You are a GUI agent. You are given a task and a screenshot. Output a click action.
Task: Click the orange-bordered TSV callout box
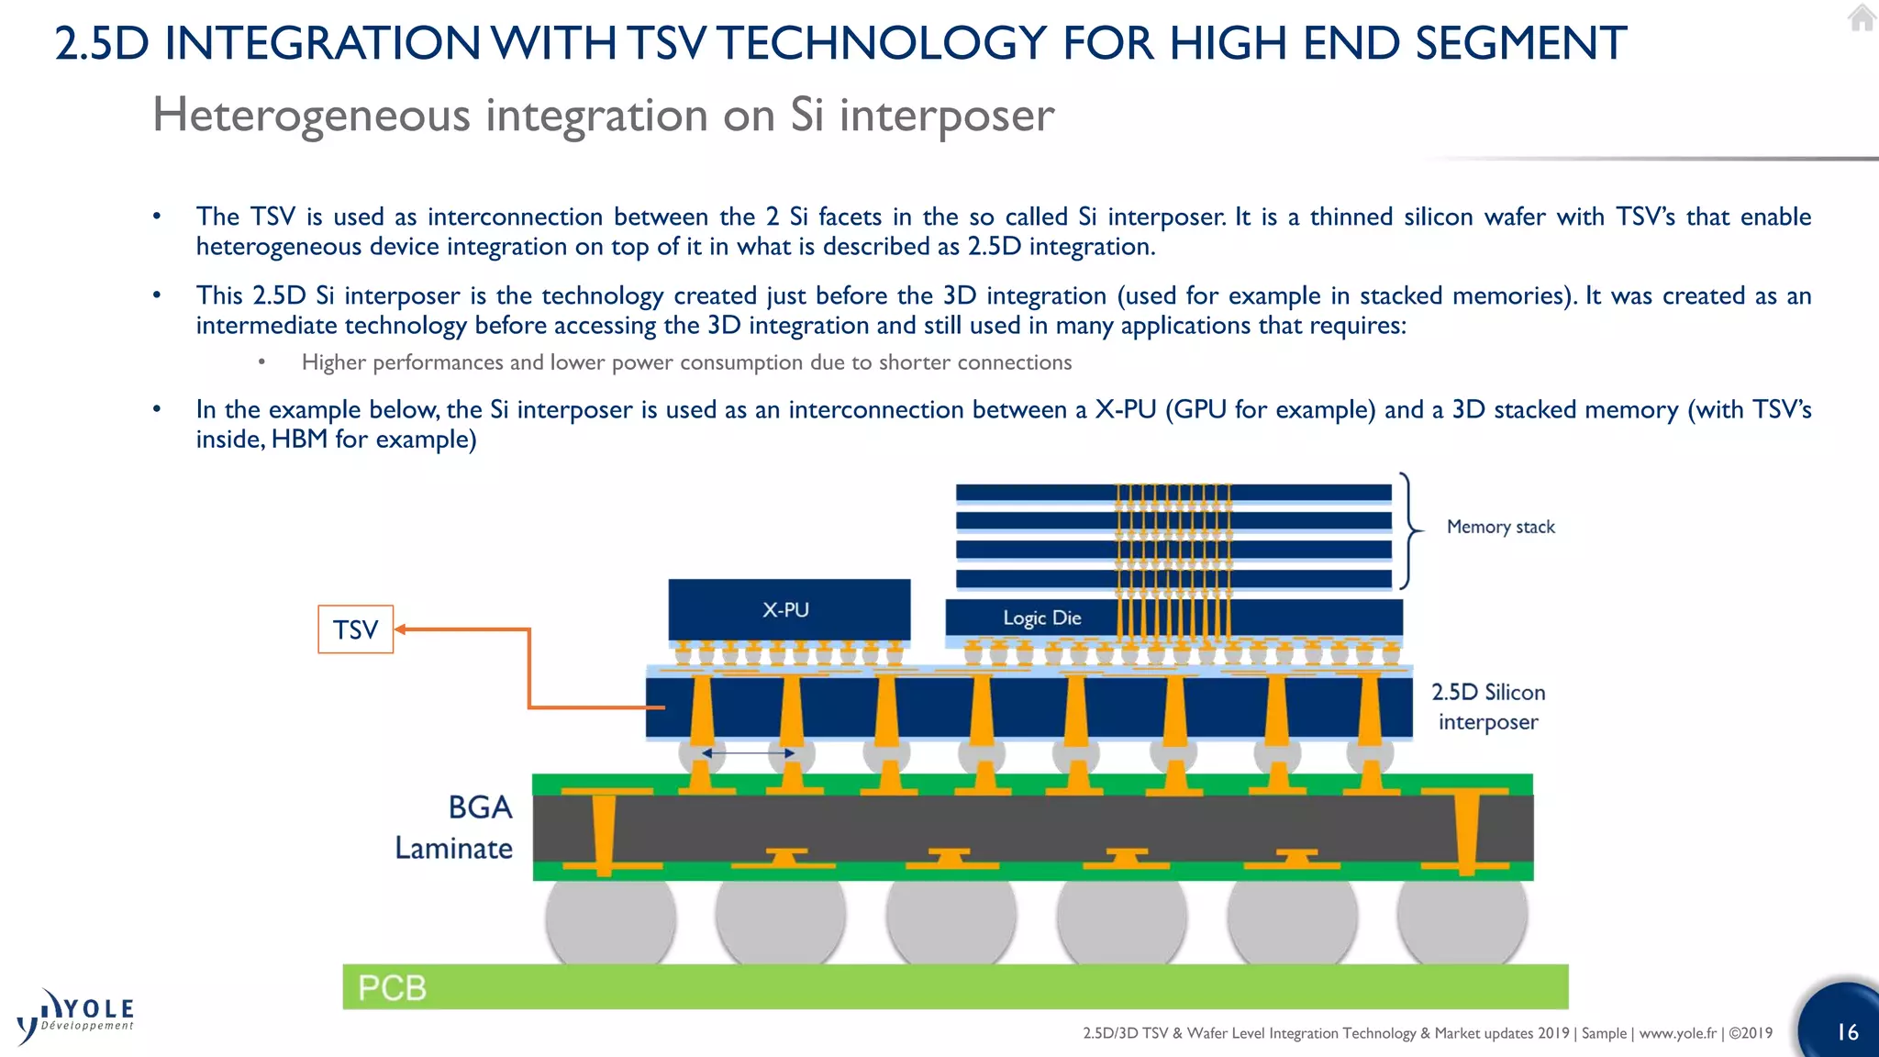355,629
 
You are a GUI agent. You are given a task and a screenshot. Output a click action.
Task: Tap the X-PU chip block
789,609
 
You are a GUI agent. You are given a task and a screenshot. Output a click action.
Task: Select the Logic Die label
1041,618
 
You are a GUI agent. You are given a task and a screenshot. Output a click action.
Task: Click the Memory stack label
1500,527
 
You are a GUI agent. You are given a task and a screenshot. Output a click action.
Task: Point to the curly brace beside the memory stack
1409,530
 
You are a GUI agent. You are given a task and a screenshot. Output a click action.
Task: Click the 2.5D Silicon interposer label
1488,707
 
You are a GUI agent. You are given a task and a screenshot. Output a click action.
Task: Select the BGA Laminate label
454,828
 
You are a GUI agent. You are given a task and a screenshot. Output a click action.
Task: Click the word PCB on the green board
392,988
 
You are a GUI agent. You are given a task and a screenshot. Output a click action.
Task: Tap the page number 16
1847,1032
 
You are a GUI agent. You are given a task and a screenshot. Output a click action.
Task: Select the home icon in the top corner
1862,18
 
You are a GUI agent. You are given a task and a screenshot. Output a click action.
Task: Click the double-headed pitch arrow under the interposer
748,753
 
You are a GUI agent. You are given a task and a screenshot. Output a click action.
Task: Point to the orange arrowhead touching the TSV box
401,629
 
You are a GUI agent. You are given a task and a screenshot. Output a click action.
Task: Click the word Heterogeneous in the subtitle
311,116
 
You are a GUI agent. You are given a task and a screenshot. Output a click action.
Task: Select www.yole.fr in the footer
1677,1033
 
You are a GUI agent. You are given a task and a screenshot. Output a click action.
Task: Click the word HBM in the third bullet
299,439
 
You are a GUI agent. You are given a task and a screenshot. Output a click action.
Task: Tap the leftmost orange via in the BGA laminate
604,830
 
